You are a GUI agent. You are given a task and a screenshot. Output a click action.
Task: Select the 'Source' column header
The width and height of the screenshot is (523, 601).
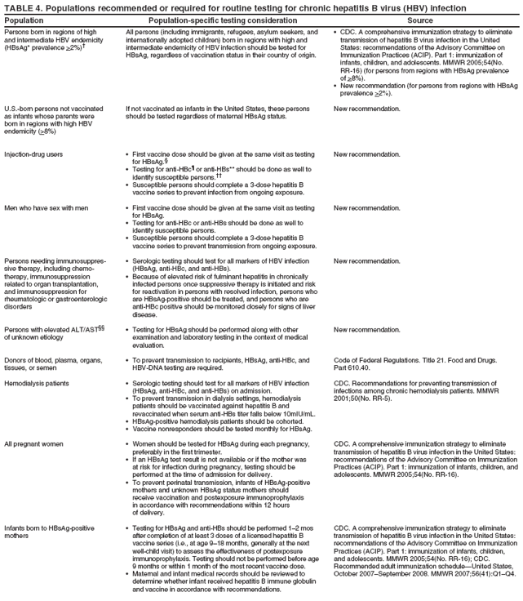pyautogui.click(x=420, y=19)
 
